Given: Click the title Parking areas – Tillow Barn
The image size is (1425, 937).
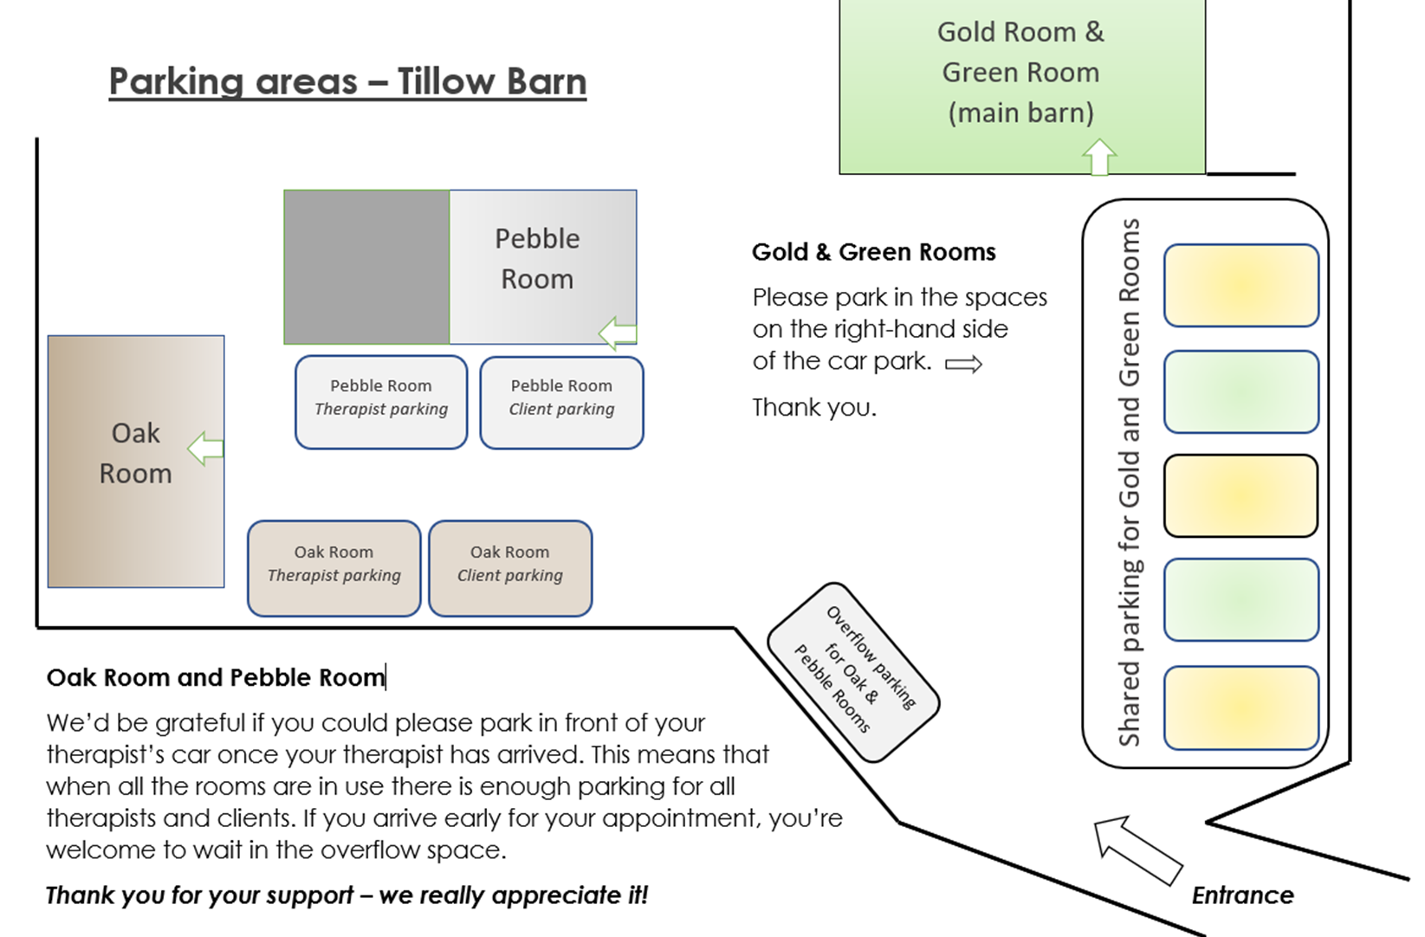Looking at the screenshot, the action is pyautogui.click(x=347, y=81).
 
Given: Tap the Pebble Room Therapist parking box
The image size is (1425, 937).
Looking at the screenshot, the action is pyautogui.click(x=381, y=402).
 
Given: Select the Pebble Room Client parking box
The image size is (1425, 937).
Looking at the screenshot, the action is pyautogui.click(x=561, y=403).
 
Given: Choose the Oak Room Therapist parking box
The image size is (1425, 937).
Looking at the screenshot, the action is pyautogui.click(x=334, y=569).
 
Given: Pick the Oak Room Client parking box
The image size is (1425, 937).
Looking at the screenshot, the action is pyautogui.click(x=510, y=569).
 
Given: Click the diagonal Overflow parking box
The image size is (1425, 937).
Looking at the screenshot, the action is pyautogui.click(x=854, y=672).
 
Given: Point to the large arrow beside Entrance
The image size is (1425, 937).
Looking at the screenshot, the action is pyautogui.click(x=1137, y=850).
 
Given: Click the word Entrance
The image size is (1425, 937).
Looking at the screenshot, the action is pyautogui.click(x=1242, y=895).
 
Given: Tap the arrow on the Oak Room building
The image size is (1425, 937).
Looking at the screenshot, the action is pyautogui.click(x=205, y=449).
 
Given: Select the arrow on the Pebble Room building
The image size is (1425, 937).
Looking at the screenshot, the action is pyautogui.click(x=618, y=333).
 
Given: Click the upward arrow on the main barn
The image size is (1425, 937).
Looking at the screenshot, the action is pyautogui.click(x=1099, y=157).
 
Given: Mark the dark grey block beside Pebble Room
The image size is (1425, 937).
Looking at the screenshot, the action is pyautogui.click(x=366, y=268).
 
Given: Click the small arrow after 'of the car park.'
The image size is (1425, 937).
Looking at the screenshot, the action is pyautogui.click(x=963, y=364).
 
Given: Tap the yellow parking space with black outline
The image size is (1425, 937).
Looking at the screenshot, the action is pyautogui.click(x=1240, y=495).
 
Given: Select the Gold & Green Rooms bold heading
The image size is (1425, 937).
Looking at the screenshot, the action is pyautogui.click(x=873, y=252).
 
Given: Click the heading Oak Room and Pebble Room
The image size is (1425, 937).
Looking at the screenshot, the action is pyautogui.click(x=216, y=677).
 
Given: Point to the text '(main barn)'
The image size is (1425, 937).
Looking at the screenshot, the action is pyautogui.click(x=1021, y=113).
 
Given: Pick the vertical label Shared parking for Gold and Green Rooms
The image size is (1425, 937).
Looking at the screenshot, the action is pyautogui.click(x=1130, y=482).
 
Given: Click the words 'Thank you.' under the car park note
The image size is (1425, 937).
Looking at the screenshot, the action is pyautogui.click(x=814, y=407).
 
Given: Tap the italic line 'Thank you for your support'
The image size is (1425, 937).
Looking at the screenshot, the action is pyautogui.click(x=347, y=895).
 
